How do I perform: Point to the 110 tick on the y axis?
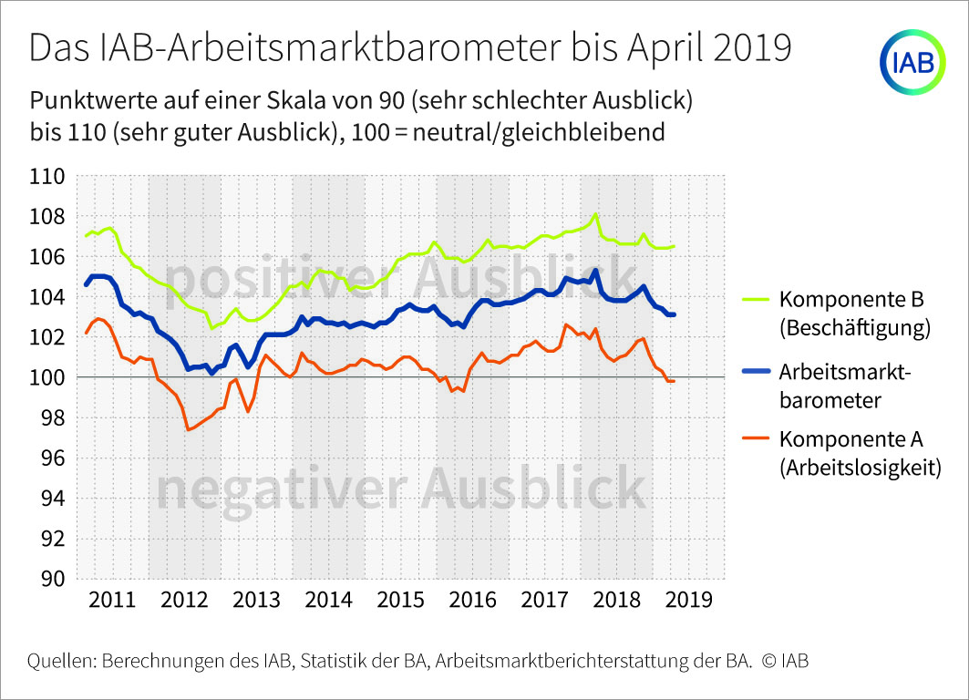point(47,176)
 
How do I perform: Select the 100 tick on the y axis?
point(47,377)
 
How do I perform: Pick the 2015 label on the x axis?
point(400,600)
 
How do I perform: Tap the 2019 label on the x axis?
point(689,600)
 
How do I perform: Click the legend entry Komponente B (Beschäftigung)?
point(853,314)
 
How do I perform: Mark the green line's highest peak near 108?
point(595,215)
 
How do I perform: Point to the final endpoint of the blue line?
point(674,314)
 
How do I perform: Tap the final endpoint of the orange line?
point(674,380)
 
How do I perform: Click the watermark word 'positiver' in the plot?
point(273,275)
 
